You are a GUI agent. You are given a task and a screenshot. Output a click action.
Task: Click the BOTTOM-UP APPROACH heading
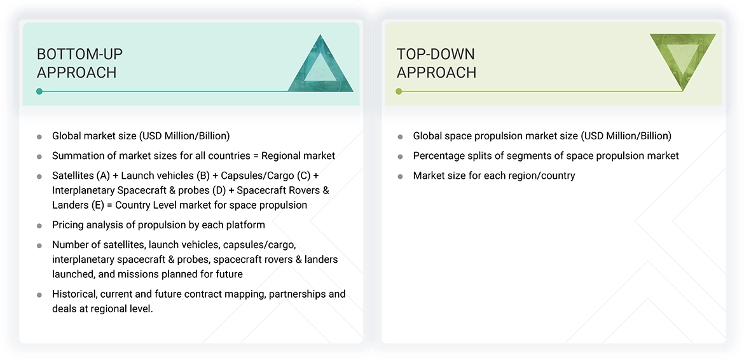pos(79,63)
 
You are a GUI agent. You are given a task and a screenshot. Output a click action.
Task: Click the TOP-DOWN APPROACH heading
pos(436,63)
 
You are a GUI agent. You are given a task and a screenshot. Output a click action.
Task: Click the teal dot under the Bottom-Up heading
pos(39,92)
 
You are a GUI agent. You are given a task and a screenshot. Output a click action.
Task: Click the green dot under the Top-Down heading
pos(399,92)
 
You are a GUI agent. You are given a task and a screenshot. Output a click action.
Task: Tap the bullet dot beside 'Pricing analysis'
pos(39,225)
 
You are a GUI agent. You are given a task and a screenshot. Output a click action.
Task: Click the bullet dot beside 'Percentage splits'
pos(400,156)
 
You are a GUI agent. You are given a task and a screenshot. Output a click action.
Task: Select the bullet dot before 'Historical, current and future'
pos(39,294)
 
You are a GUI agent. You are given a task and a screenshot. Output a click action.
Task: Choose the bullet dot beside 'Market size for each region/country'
pos(400,176)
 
